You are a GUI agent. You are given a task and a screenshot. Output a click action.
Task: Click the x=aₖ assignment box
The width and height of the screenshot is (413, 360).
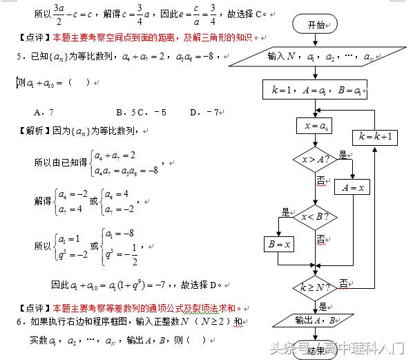click(314, 126)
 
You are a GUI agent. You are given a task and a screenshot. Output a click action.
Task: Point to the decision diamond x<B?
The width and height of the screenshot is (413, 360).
click(314, 216)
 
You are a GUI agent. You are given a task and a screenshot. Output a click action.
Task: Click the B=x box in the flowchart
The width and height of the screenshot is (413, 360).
click(278, 243)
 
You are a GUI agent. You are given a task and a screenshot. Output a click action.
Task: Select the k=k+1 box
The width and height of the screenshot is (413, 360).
click(375, 137)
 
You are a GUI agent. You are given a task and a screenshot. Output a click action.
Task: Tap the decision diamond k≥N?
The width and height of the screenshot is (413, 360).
click(314, 286)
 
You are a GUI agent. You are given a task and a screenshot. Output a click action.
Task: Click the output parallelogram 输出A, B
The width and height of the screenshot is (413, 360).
click(314, 319)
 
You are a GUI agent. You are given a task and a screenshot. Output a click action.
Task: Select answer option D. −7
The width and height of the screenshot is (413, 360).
click(204, 111)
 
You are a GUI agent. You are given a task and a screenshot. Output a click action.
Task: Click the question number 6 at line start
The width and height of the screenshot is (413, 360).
click(21, 322)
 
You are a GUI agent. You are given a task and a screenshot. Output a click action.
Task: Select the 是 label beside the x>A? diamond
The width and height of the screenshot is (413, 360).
click(343, 155)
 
